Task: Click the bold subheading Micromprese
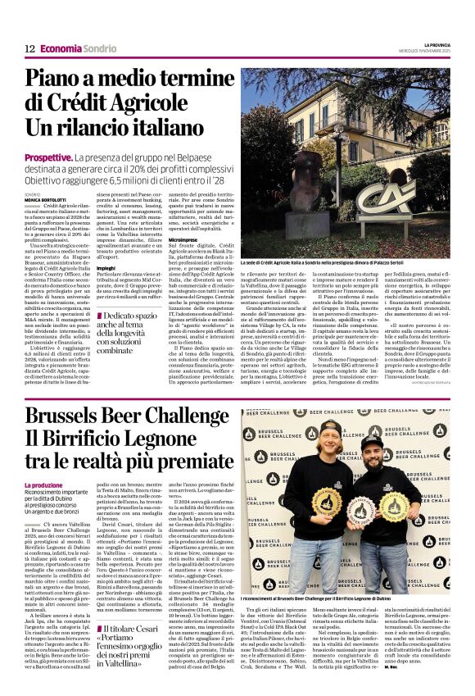pos(182,239)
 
